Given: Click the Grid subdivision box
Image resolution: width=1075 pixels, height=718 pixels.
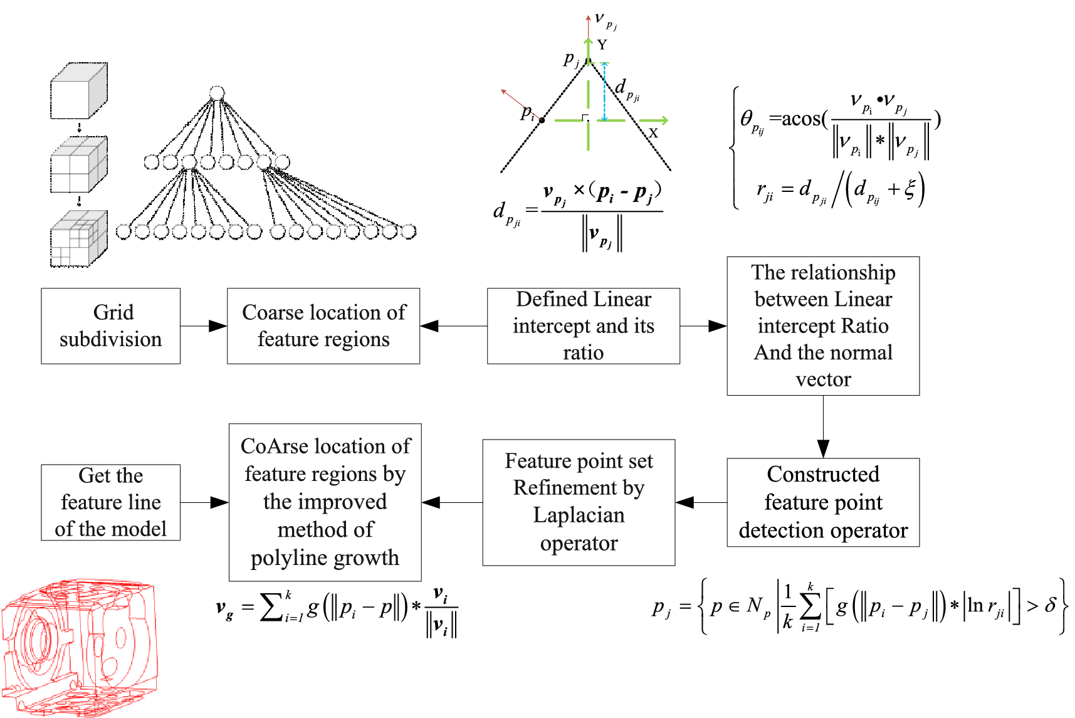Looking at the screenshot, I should (x=110, y=326).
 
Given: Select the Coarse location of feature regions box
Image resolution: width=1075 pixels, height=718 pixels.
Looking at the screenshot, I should (x=323, y=326).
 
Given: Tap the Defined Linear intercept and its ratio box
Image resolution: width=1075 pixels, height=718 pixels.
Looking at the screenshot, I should (x=583, y=326).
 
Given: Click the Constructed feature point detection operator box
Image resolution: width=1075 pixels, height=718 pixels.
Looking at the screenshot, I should (x=823, y=502).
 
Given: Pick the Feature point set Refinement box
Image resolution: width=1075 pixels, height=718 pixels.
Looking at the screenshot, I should (x=579, y=502).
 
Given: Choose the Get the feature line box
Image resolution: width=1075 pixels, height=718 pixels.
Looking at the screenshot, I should (x=110, y=502).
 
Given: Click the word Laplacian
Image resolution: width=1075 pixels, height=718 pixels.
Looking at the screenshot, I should (x=579, y=515).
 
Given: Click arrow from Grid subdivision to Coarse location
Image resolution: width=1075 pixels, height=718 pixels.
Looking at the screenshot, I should (x=204, y=326).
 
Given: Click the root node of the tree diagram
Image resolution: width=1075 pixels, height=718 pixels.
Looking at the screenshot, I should (x=217, y=93).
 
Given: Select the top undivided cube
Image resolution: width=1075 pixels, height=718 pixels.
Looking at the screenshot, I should (x=78, y=91).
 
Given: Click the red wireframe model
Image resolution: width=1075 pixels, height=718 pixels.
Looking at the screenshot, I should (x=78, y=649).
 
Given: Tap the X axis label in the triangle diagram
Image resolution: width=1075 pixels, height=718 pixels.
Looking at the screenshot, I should (x=653, y=134).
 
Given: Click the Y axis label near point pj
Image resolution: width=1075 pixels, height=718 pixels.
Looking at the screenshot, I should (x=602, y=45).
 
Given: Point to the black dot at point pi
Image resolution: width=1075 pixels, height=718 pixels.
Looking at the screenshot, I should (x=542, y=120).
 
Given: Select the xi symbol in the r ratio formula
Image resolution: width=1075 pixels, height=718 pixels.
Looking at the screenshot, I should (x=910, y=189).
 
